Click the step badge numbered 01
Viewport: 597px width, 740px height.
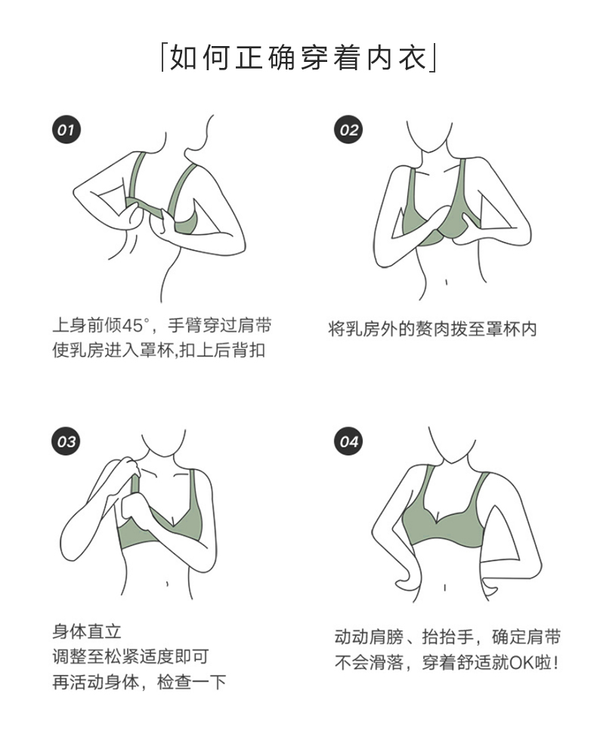(x=67, y=130)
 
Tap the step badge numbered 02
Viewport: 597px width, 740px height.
(x=348, y=130)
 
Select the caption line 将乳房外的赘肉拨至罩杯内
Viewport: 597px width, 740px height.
(x=433, y=329)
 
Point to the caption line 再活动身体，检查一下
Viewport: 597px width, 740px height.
(x=139, y=683)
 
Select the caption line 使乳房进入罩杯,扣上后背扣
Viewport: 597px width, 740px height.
(x=158, y=351)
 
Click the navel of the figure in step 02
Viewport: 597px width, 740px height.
(x=447, y=282)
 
